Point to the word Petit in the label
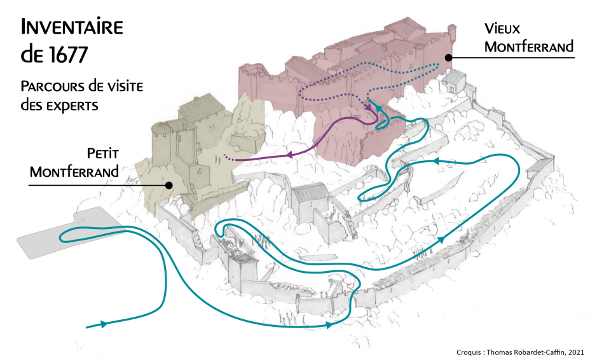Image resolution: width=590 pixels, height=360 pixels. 103,153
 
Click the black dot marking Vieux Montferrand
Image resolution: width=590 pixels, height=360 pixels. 448,57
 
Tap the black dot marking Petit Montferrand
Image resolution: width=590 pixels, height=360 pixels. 169,186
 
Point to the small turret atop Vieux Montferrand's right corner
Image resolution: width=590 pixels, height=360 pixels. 453,32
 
